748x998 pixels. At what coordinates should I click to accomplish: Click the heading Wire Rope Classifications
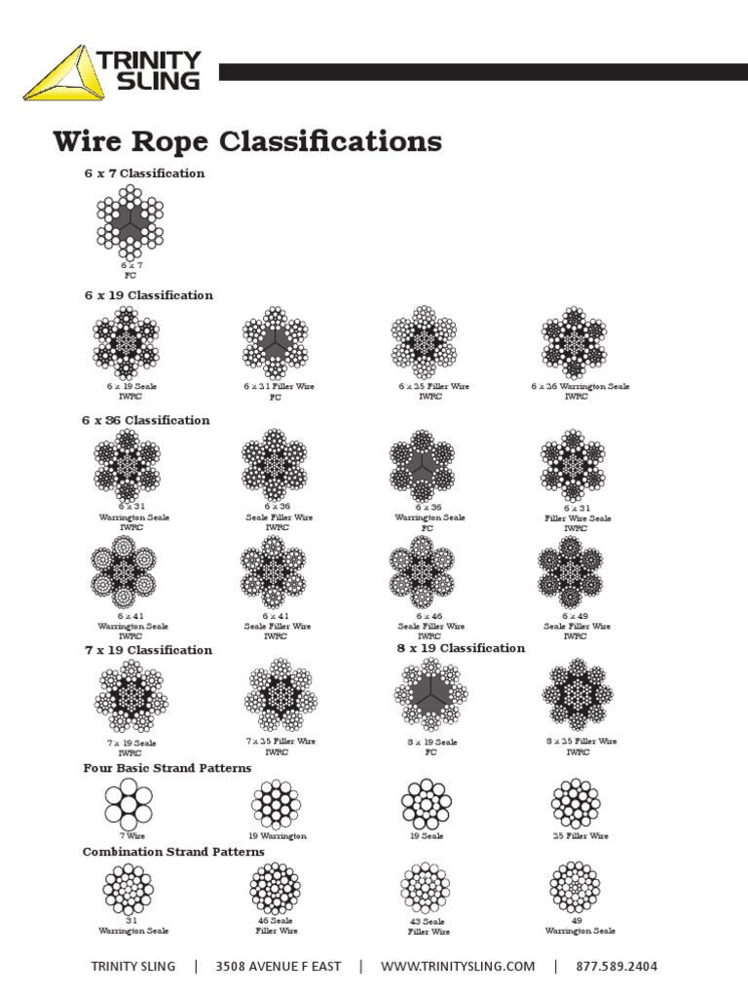tap(246, 141)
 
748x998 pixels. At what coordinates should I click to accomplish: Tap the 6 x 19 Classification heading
tap(148, 295)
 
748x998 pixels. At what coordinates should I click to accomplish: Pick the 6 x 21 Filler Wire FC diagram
tap(276, 341)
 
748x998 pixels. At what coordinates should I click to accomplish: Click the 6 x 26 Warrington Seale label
tap(580, 387)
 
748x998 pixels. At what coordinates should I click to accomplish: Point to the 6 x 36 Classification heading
tap(145, 420)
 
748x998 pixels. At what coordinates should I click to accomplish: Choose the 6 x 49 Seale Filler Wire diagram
tap(575, 572)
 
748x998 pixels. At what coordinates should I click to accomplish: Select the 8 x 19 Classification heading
tap(461, 648)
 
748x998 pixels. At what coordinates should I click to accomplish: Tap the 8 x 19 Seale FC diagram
tap(430, 696)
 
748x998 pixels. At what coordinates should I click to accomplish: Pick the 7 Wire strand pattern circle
tap(129, 804)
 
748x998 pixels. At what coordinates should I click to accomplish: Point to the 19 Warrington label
tap(278, 836)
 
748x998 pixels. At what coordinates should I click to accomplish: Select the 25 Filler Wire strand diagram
tap(576, 804)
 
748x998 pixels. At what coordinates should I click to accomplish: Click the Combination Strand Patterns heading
tap(173, 852)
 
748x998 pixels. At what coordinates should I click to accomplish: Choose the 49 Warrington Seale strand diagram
tap(575, 887)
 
